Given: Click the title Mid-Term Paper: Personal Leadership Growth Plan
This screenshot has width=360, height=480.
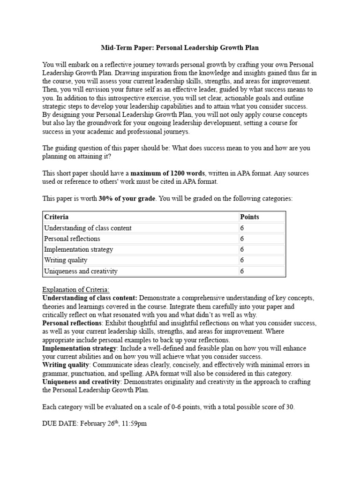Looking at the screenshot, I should pos(180,48).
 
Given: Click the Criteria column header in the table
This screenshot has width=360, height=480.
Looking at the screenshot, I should pos(56,217).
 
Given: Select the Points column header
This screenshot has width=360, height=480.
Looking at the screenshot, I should pos(249,217).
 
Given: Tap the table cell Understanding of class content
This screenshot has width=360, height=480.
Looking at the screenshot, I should pos(88,228).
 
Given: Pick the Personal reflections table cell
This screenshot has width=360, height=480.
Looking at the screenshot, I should pos(72,239).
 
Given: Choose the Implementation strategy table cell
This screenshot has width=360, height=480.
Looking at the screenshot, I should pos(78,249).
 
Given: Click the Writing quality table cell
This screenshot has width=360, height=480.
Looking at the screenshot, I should pos(66,260).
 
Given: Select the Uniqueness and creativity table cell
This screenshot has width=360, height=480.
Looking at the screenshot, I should pos(81,271).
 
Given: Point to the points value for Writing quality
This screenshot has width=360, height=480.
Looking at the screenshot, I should pos(242,260).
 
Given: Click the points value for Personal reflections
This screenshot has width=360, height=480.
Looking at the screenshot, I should pos(242,239).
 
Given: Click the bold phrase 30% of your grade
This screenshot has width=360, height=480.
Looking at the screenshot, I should pos(127,198).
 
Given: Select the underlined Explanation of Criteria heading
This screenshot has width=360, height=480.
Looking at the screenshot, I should pos(75,290).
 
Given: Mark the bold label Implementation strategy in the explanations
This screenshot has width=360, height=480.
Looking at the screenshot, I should pos(79,348).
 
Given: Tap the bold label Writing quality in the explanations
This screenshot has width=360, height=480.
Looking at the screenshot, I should pos(65,365).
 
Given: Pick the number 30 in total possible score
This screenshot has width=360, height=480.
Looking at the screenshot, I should pos(289,407).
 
